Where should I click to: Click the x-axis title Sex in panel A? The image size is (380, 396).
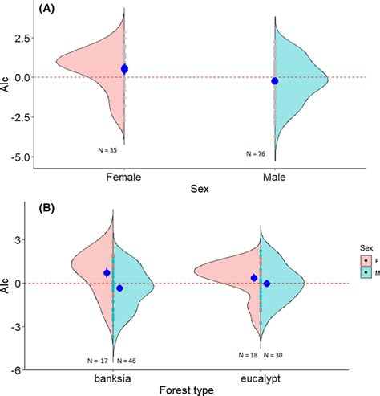[200, 190]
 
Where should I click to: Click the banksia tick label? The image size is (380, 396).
[113, 377]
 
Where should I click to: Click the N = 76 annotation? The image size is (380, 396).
[257, 153]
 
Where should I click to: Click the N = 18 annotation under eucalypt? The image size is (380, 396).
[249, 354]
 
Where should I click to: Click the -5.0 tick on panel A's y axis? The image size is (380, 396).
[21, 157]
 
